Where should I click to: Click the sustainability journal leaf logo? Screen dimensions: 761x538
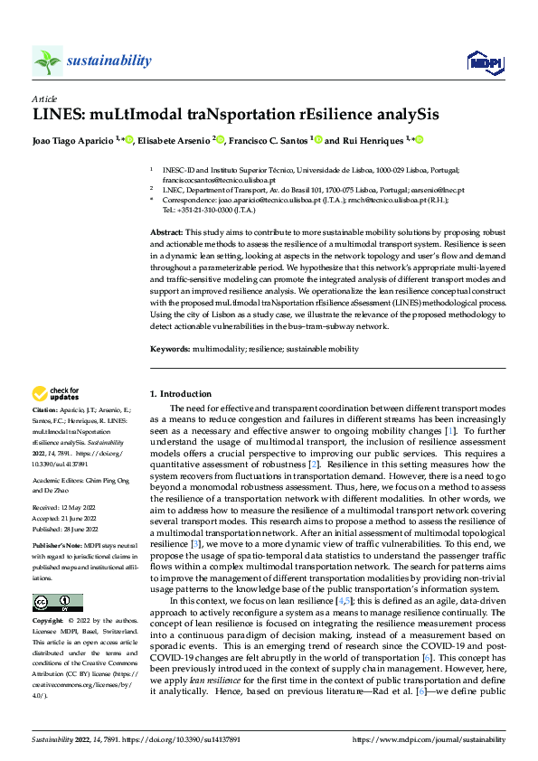click(x=47, y=61)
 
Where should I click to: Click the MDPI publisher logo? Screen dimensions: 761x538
click(x=484, y=61)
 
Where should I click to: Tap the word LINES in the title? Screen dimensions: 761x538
click(x=58, y=115)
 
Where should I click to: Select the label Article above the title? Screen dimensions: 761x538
click(x=44, y=99)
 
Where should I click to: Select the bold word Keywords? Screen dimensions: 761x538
click(x=168, y=349)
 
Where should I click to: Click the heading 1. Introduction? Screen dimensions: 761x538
click(x=180, y=394)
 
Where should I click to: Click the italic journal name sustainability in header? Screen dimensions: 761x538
click(x=109, y=61)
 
